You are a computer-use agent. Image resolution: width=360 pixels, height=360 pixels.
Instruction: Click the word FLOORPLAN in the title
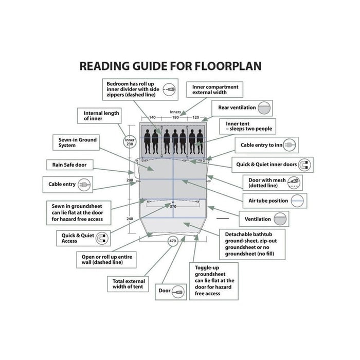point(228,66)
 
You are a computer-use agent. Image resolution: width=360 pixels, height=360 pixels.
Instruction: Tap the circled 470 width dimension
point(173,241)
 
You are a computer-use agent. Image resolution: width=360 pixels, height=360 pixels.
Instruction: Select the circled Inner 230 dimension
point(130,142)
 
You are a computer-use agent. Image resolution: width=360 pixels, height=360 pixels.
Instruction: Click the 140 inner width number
point(152,117)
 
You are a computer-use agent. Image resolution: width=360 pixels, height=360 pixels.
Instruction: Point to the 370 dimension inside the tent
point(173,206)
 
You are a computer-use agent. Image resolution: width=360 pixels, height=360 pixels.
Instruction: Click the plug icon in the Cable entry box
point(84,185)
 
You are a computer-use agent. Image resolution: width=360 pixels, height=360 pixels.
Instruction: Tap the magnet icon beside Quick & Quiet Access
point(102,238)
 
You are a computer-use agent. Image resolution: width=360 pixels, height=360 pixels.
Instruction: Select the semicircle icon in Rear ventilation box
point(264,108)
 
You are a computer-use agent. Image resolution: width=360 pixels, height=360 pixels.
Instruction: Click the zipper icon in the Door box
point(178,292)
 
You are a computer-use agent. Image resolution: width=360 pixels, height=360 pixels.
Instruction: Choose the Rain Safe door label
point(69,165)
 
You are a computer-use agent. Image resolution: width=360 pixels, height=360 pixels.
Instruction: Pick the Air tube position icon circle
point(298,201)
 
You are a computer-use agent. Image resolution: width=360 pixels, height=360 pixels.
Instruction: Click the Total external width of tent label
point(128,284)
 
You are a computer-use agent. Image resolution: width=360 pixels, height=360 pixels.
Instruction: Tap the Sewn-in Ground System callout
point(76,142)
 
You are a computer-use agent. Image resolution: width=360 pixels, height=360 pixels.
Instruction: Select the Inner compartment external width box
point(214,89)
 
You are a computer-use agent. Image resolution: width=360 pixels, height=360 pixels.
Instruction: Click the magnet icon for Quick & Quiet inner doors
point(304,165)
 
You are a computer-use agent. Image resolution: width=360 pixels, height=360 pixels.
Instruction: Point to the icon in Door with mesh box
point(294,183)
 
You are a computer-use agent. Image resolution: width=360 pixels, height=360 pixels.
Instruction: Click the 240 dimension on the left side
point(130,219)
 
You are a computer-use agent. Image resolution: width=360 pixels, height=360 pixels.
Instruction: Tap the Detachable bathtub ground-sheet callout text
point(251,244)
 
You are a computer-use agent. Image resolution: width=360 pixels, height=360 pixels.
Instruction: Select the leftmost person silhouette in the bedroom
point(148,141)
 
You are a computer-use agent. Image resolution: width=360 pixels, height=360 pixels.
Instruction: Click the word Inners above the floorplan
point(175,112)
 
